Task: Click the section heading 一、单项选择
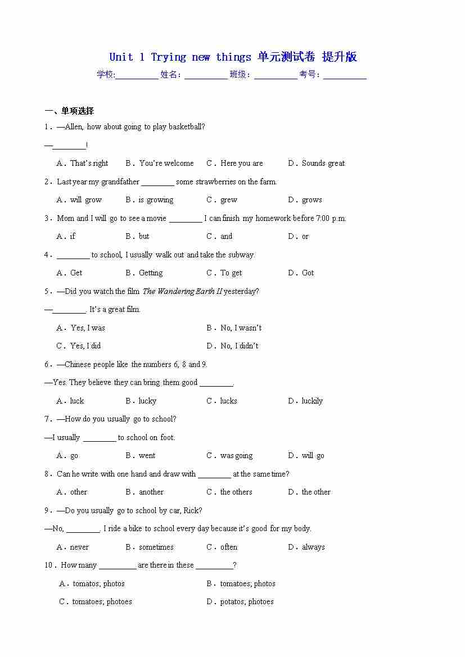(70, 111)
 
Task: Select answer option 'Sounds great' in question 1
(323, 164)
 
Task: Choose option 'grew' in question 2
(229, 200)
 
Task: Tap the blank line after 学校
(137, 75)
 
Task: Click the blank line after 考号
(345, 75)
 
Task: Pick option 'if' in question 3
(73, 237)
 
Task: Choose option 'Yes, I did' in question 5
(85, 346)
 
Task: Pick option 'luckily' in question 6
(312, 401)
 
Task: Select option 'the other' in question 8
(316, 492)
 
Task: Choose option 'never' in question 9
(79, 547)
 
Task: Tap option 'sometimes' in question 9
(156, 547)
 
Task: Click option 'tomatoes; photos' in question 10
(247, 584)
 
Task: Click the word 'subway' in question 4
(242, 255)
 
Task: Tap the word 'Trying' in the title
(168, 57)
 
